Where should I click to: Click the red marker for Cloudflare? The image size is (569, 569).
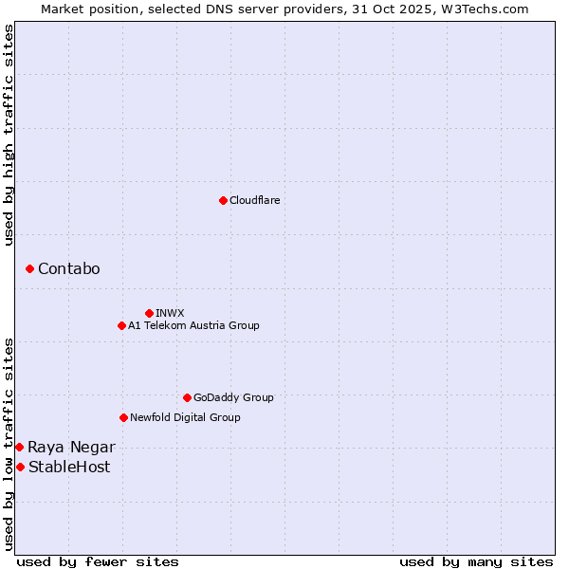pos(223,200)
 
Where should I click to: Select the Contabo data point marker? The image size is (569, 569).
pos(30,269)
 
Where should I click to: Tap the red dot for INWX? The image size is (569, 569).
pos(149,313)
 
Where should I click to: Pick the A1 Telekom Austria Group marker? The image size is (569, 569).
pos(121,325)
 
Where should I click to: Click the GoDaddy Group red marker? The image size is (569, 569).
pos(187,397)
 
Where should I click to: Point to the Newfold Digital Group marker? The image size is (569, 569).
pos(123,417)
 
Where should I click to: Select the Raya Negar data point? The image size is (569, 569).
pos(19,447)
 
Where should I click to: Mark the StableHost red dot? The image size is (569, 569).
pos(20,467)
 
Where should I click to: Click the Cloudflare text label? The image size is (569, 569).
pos(254,200)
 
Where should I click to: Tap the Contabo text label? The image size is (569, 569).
pos(68,269)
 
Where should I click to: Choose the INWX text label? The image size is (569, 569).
pos(170,313)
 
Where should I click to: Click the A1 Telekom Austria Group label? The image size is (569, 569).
pos(193,325)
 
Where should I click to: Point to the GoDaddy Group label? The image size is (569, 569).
pos(233,397)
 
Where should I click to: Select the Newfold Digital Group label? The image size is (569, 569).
pos(185,417)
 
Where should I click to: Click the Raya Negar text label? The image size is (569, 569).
pos(71,447)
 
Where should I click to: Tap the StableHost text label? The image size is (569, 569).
pos(69,467)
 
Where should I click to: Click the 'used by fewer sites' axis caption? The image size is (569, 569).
pos(98,561)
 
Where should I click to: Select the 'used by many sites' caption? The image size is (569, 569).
pos(476,561)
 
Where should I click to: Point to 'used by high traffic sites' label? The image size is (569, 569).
pos(9,135)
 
